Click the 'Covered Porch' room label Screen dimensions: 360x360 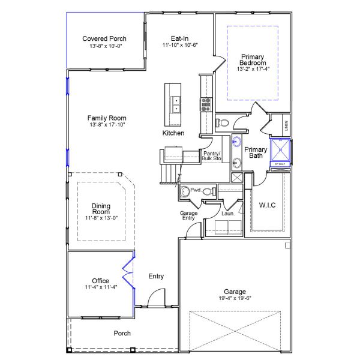tap(104, 39)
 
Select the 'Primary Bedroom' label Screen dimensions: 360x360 tap(252, 59)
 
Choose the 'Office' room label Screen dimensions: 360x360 tap(100, 281)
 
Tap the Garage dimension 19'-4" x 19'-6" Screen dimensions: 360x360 tap(235, 298)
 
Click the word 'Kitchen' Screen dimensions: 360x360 tap(173, 133)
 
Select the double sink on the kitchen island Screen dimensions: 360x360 tap(177, 105)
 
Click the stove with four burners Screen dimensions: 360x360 tap(206, 104)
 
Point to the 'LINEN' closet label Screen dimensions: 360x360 tap(286, 125)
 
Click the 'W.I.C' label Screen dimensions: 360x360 tap(267, 205)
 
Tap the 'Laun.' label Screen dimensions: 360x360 tap(228, 212)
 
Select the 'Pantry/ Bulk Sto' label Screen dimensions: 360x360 tap(212, 156)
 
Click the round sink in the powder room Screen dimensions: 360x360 tap(185, 193)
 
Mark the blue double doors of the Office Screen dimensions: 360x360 tap(127, 274)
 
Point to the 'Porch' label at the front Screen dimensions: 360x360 tap(122, 333)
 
